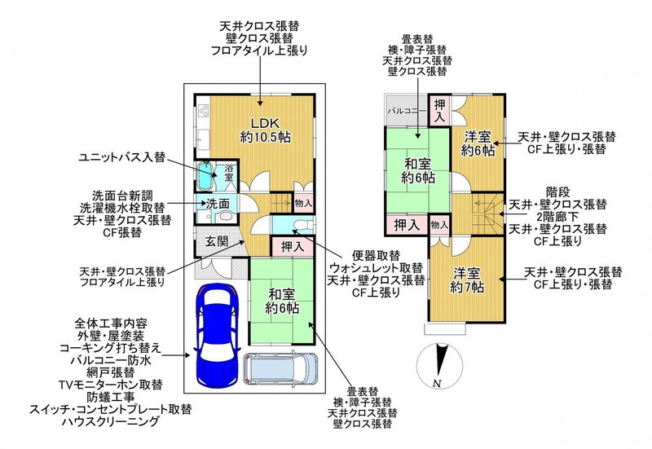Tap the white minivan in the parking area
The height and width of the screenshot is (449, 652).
coord(280,369)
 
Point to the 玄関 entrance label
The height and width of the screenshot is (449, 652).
coord(217,241)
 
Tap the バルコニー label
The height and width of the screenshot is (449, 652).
coord(407,112)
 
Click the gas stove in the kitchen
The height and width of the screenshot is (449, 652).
coord(203,111)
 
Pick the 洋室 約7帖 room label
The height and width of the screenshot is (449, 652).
coord(466,280)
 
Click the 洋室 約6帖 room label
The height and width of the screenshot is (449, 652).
coord(478,143)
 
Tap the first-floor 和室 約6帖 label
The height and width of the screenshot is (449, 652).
coord(282,302)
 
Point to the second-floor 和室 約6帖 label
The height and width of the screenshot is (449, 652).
coord(418,170)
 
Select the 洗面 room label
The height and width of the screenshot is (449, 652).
coord(218,204)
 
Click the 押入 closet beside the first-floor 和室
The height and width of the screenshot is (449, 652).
coord(293,247)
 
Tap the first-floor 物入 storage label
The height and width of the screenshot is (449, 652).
coord(303,203)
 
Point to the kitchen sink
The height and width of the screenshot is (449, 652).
coord(203,137)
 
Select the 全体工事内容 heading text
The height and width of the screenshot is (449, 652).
coord(111,323)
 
